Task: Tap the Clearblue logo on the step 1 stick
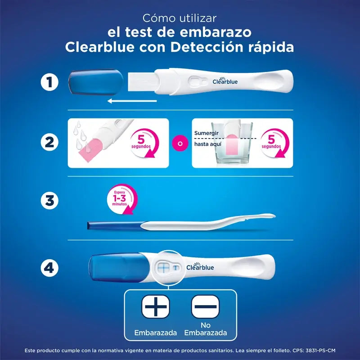[225, 81]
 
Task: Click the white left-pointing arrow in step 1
[132, 101]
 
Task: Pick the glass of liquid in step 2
[232, 144]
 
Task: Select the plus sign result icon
[155, 308]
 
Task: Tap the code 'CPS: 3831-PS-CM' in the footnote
[320, 350]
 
